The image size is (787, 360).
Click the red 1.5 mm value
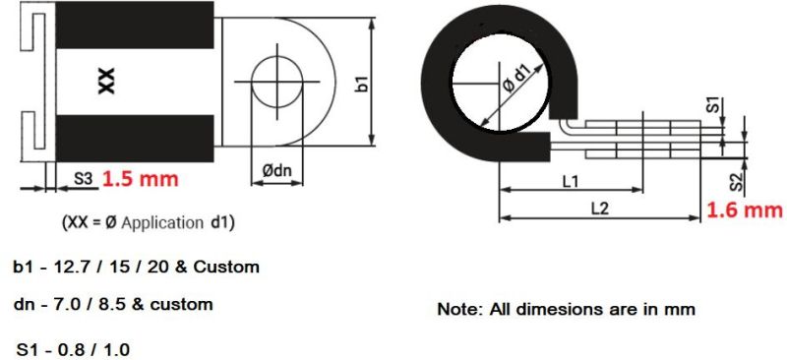pos(139,180)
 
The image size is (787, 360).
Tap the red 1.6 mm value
pos(745,210)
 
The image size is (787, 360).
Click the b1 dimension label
pos(361,83)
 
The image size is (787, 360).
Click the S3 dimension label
pos(83,181)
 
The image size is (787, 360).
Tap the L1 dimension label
pos(570,180)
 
